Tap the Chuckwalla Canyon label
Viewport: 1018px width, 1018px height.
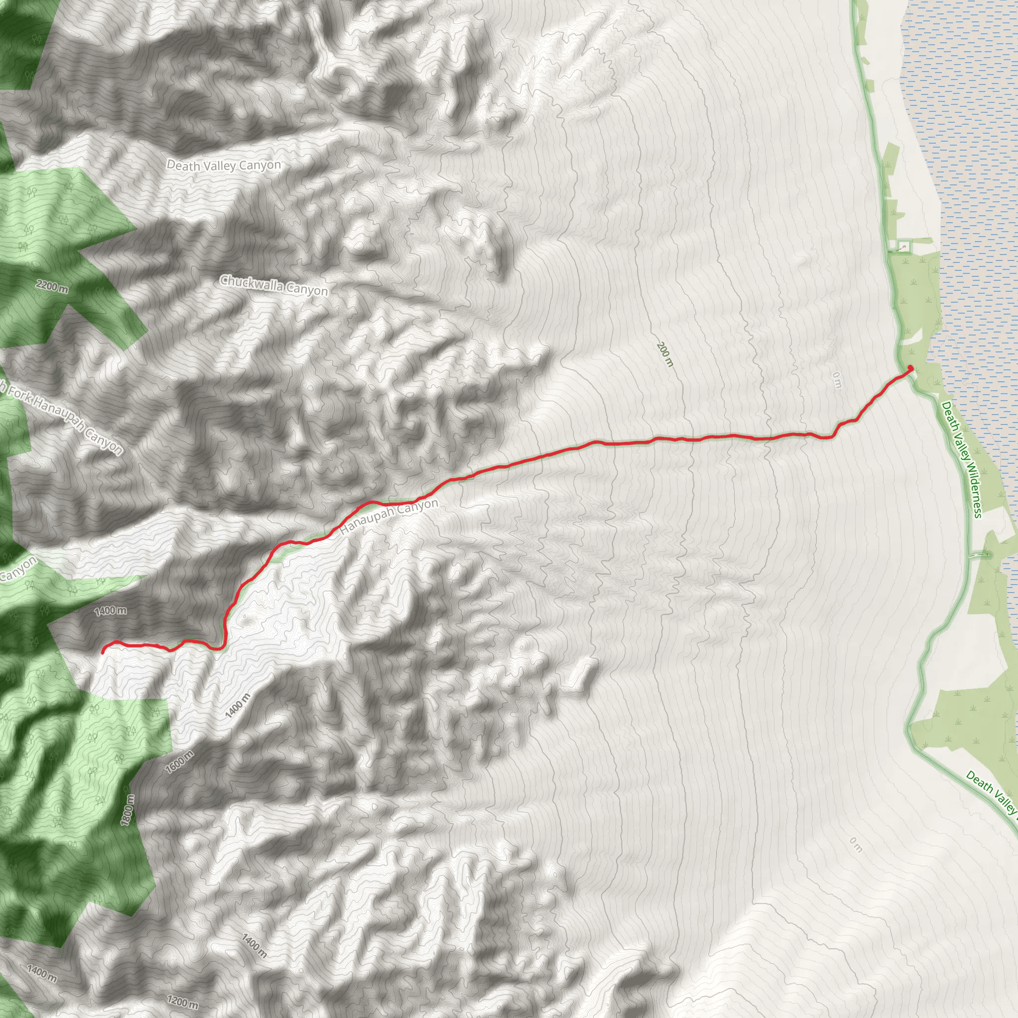click(273, 285)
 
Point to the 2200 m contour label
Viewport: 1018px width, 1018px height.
click(52, 287)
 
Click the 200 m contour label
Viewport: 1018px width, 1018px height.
click(665, 354)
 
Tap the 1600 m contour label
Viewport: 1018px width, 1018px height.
click(179, 762)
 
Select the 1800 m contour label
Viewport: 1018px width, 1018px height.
click(128, 810)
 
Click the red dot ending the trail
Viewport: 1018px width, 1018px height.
click(911, 368)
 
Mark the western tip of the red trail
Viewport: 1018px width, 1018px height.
click(103, 652)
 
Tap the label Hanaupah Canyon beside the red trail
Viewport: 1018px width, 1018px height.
click(389, 517)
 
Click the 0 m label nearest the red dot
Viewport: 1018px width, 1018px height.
click(837, 380)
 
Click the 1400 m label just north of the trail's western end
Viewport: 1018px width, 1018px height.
click(110, 611)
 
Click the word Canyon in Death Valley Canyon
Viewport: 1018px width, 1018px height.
click(263, 165)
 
